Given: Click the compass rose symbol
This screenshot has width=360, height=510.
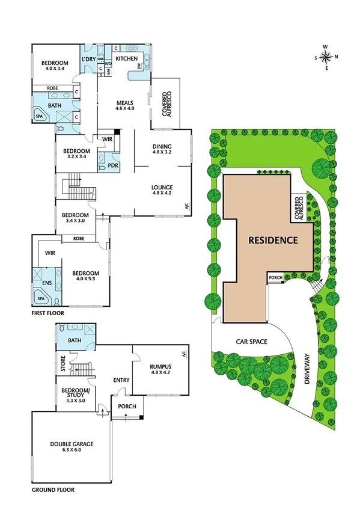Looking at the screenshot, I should [326, 57].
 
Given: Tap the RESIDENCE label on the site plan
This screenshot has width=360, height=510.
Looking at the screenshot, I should [273, 240].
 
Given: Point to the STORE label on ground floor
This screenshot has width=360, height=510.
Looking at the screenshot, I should [62, 366].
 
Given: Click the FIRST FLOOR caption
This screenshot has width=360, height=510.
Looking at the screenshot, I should [48, 313].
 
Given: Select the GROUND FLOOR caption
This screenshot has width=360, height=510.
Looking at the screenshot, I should [53, 490].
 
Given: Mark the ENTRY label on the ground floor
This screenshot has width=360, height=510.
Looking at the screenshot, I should [121, 380].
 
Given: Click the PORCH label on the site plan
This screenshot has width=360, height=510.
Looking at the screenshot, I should [275, 277].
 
